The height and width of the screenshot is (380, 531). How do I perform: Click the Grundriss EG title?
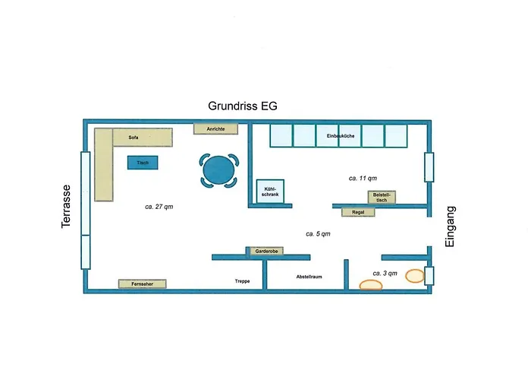[243, 106]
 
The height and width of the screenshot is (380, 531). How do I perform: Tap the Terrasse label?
[66, 206]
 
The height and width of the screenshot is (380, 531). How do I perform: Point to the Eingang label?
[450, 226]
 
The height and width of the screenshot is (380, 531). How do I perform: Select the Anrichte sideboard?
[215, 129]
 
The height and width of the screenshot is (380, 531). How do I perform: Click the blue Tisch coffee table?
[143, 163]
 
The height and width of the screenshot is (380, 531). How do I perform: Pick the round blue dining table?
[218, 170]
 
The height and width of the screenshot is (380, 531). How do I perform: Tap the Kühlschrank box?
[270, 192]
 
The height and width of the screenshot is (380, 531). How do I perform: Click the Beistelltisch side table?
[382, 197]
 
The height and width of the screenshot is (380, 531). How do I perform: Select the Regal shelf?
[358, 212]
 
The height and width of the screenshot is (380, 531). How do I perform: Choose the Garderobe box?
[266, 251]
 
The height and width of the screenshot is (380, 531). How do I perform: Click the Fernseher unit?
[143, 283]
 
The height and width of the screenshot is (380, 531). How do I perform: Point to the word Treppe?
[242, 281]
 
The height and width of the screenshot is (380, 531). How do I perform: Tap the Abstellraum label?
[309, 277]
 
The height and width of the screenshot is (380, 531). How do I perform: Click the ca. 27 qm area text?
[159, 207]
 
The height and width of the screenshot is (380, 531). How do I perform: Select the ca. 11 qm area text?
[363, 178]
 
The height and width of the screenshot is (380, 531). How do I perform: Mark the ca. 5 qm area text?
[318, 234]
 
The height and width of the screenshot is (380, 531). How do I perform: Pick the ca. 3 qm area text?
[385, 273]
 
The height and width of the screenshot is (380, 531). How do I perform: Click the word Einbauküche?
[341, 136]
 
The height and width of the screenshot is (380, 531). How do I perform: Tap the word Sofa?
[134, 138]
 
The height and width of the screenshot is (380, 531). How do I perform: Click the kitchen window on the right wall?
[429, 167]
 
